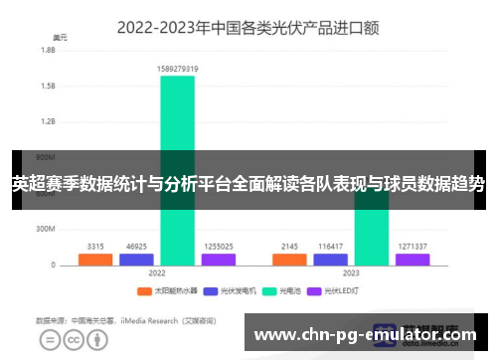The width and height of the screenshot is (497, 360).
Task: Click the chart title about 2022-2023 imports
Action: pos(248,28)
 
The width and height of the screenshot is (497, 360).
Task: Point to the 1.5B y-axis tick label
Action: pos(47,86)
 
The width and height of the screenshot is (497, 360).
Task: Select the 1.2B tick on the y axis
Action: pos(47,121)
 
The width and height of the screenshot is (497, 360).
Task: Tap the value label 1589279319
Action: pos(177,69)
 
